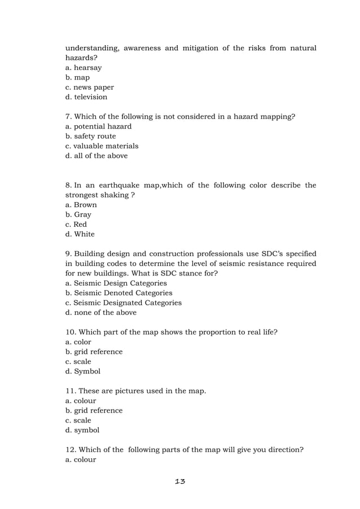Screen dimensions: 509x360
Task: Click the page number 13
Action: click(x=180, y=481)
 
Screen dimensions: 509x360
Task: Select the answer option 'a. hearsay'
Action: click(x=84, y=68)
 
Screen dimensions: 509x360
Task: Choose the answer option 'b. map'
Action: click(x=78, y=77)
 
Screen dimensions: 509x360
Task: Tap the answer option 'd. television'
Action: click(x=86, y=97)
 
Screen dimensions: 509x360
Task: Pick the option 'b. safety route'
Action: click(x=91, y=136)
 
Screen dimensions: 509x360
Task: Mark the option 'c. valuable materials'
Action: click(x=102, y=146)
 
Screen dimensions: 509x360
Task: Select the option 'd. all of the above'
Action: click(x=96, y=156)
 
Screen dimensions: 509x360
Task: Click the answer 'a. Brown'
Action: click(x=81, y=205)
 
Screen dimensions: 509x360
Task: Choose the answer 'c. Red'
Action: click(x=76, y=225)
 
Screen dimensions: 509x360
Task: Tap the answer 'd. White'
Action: click(x=80, y=234)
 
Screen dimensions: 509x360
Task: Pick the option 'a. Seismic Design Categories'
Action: click(x=116, y=283)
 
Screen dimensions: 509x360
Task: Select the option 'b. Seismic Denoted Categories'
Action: click(x=119, y=293)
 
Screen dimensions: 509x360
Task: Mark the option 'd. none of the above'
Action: click(x=101, y=313)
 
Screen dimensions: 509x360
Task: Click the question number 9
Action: click(x=68, y=254)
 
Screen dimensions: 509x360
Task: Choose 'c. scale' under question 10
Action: click(x=78, y=362)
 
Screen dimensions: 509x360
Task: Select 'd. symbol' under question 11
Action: click(x=82, y=430)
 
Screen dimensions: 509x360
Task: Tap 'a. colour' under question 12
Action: click(x=81, y=459)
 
